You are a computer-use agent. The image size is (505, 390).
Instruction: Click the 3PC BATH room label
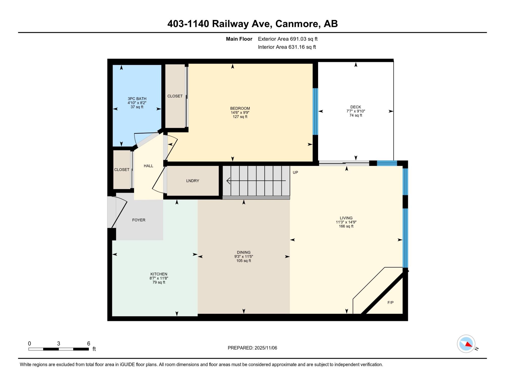pos(137,99)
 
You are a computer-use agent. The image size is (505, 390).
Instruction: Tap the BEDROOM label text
pos(240,109)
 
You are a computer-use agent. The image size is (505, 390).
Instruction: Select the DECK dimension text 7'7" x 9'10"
pos(356,111)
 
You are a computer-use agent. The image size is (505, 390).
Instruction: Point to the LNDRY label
pos(193,181)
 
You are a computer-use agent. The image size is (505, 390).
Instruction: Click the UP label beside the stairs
pos(295,172)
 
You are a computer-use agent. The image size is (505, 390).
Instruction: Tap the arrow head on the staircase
pos(229,181)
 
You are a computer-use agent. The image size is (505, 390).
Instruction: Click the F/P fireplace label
pos(390,302)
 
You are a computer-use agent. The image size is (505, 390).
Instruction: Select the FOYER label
pos(139,220)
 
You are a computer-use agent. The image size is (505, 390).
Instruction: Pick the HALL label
pos(148,166)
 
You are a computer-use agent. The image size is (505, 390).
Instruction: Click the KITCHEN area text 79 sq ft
pos(159,282)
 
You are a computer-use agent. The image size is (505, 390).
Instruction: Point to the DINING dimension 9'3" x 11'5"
pos(244,256)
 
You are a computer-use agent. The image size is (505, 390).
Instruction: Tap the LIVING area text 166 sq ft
pos(346,226)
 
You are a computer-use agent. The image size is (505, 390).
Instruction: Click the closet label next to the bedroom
pos(175,96)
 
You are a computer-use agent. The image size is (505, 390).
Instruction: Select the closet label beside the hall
pos(122,170)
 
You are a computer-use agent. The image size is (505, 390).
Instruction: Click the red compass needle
pos(469,344)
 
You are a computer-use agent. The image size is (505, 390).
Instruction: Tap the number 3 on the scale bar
pos(59,344)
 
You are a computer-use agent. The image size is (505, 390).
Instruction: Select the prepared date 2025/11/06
pos(266,348)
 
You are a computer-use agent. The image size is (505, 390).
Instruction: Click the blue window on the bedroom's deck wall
pos(315,111)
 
